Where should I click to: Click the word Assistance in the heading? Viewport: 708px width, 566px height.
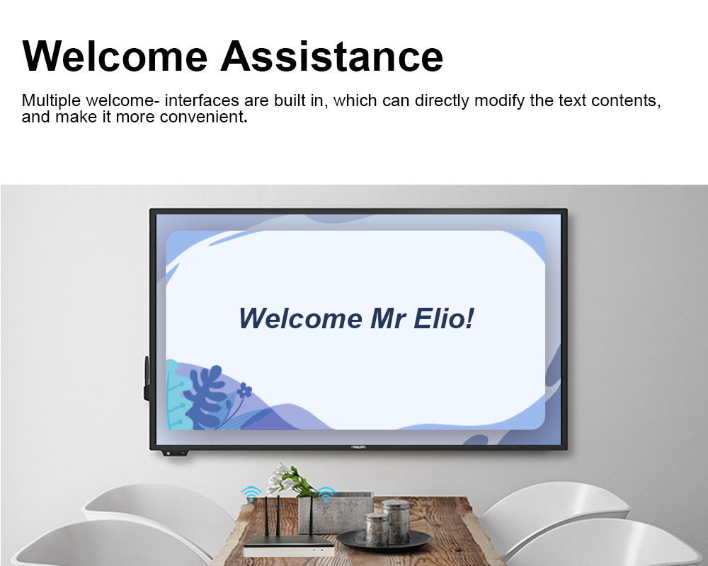pos(332,57)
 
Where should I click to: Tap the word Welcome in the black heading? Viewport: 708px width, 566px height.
pos(115,57)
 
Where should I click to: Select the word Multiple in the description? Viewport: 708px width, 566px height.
pos(51,100)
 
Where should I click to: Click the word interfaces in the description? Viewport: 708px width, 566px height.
pos(202,100)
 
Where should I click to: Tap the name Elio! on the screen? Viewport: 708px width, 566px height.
pos(444,318)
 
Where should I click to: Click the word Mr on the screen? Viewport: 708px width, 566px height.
pos(388,318)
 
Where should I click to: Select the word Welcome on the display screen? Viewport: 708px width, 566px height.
pos(300,318)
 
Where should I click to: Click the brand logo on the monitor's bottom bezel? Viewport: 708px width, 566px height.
pos(358,447)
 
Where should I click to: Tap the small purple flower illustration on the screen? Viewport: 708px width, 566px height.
pos(244,390)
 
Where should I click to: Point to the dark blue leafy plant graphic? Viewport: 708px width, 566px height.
pos(205,396)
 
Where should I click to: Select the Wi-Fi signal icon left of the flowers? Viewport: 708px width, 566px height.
pos(251,493)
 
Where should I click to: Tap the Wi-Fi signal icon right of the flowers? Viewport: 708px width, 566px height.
pos(326,494)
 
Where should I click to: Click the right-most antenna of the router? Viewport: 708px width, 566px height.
pos(311,516)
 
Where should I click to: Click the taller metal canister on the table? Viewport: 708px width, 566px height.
pos(396,521)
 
